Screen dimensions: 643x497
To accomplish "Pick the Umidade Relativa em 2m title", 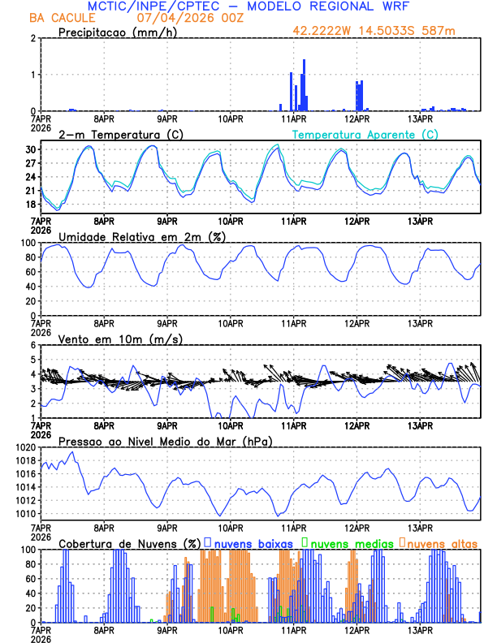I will click(139, 236).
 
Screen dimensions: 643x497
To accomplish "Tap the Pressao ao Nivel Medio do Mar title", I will click(165, 441).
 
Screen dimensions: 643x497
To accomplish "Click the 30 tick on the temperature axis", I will click(30, 150).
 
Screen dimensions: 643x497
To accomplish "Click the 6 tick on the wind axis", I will click(33, 345).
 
